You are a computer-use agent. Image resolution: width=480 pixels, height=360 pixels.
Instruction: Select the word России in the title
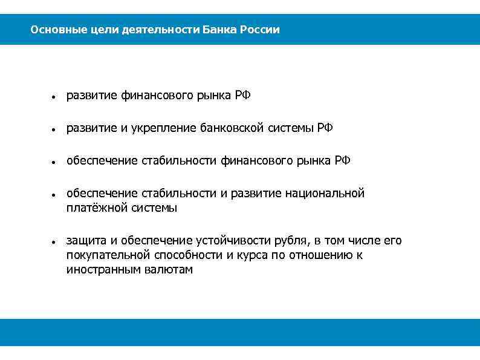pos(260,30)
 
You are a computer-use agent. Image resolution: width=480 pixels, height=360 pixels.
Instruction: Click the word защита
pos(85,241)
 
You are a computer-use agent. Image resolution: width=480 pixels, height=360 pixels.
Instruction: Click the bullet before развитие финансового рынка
pos(54,96)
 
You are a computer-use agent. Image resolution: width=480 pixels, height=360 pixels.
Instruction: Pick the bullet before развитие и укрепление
pos(54,129)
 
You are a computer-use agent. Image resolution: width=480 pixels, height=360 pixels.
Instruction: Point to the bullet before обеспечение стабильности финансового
pos(54,162)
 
